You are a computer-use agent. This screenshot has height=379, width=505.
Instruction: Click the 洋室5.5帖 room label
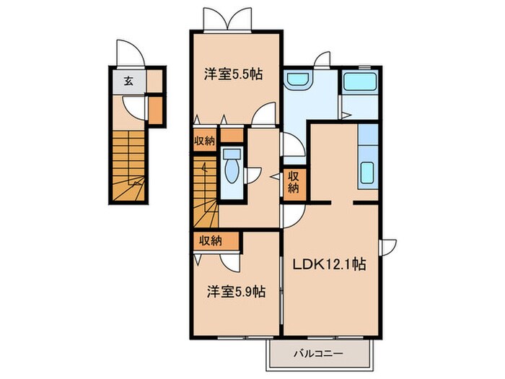click(233, 74)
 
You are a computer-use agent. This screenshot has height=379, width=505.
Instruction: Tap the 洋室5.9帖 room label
click(236, 292)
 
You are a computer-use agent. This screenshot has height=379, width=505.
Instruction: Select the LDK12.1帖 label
click(329, 264)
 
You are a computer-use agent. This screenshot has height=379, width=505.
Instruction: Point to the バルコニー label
click(318, 354)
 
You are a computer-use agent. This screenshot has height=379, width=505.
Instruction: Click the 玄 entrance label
click(128, 81)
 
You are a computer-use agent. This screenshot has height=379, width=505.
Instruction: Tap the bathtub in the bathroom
click(360, 82)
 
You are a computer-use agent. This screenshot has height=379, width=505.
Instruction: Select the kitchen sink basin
click(367, 173)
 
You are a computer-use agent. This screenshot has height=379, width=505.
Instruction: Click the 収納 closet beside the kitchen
click(294, 182)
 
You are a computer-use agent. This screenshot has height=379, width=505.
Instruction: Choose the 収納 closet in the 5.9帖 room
click(216, 240)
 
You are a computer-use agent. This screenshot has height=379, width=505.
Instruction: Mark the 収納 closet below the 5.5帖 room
click(204, 140)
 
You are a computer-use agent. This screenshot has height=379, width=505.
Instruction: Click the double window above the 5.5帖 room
click(227, 20)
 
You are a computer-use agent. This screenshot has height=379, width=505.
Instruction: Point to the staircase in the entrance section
click(128, 165)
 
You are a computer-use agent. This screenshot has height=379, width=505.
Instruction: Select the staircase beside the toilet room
click(206, 192)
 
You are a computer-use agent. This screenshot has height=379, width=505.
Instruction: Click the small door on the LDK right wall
click(388, 248)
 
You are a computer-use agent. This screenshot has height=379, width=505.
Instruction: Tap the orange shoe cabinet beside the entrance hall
click(155, 110)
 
